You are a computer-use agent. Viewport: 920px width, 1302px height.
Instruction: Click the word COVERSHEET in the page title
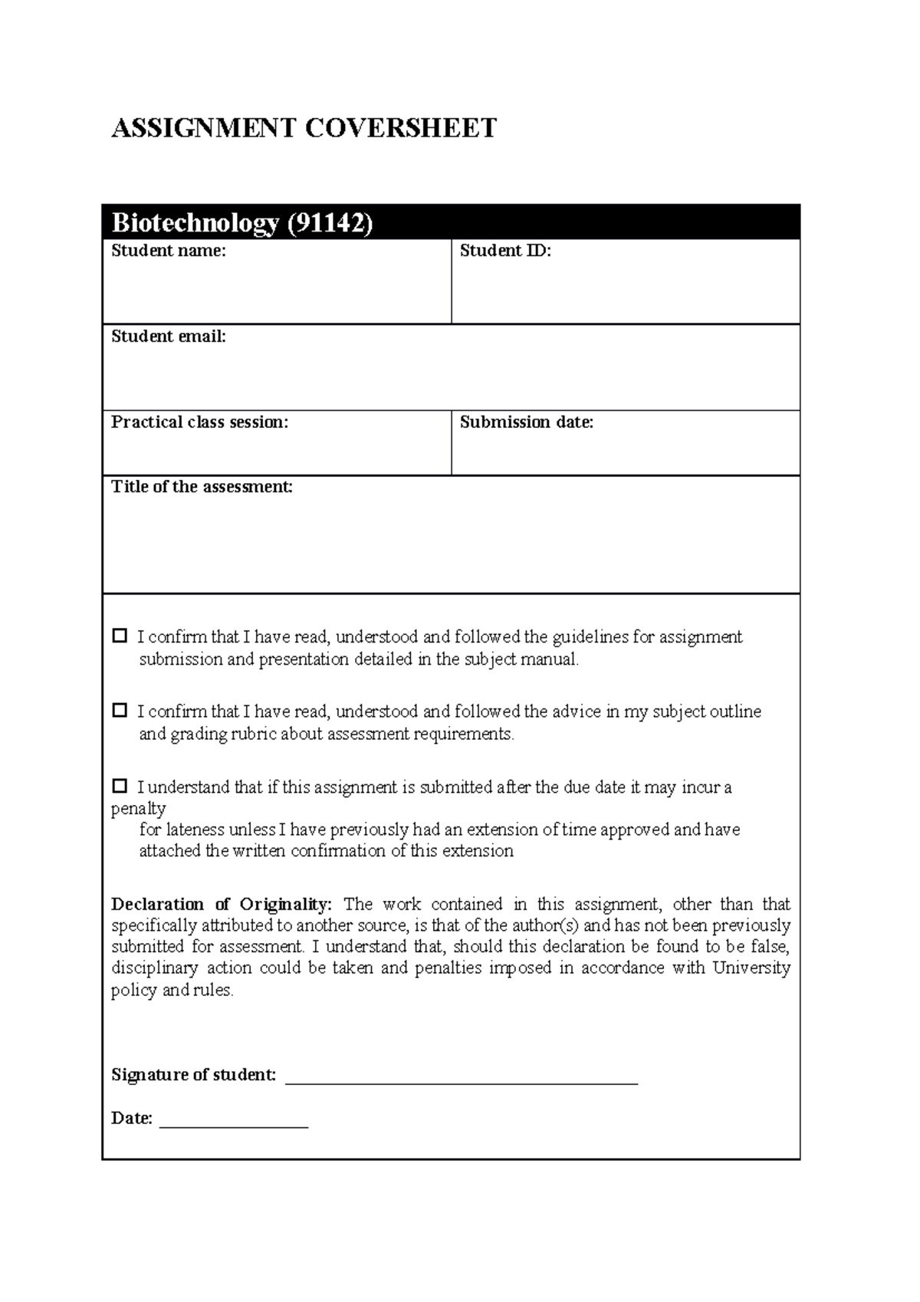click(x=401, y=128)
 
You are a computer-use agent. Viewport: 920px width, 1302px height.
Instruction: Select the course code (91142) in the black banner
click(x=330, y=223)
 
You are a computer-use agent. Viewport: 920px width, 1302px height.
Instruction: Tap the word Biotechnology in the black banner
click(x=195, y=223)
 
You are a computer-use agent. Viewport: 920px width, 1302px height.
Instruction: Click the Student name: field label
click(x=169, y=251)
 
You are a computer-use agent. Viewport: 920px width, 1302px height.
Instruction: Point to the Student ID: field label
click(x=505, y=251)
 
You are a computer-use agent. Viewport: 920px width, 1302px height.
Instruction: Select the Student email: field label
click(x=169, y=337)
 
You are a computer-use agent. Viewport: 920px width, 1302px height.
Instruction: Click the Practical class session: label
click(x=199, y=422)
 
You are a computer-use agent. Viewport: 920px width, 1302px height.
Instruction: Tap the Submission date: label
click(x=526, y=422)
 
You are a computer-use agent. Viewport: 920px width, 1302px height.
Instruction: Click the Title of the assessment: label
click(x=202, y=487)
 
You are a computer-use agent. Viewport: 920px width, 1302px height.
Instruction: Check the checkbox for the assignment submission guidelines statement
click(x=120, y=636)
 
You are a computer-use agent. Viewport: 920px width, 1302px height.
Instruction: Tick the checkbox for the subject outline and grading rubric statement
click(x=120, y=710)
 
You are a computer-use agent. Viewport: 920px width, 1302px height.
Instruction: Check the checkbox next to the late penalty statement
click(x=120, y=785)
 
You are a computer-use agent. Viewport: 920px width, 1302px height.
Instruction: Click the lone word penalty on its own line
click(x=138, y=809)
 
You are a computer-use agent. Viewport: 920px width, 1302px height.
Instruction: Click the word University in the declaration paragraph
click(x=751, y=968)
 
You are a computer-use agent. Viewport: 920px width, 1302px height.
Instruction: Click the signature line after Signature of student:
click(x=461, y=1080)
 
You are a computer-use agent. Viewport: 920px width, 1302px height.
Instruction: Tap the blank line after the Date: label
click(x=233, y=1123)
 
